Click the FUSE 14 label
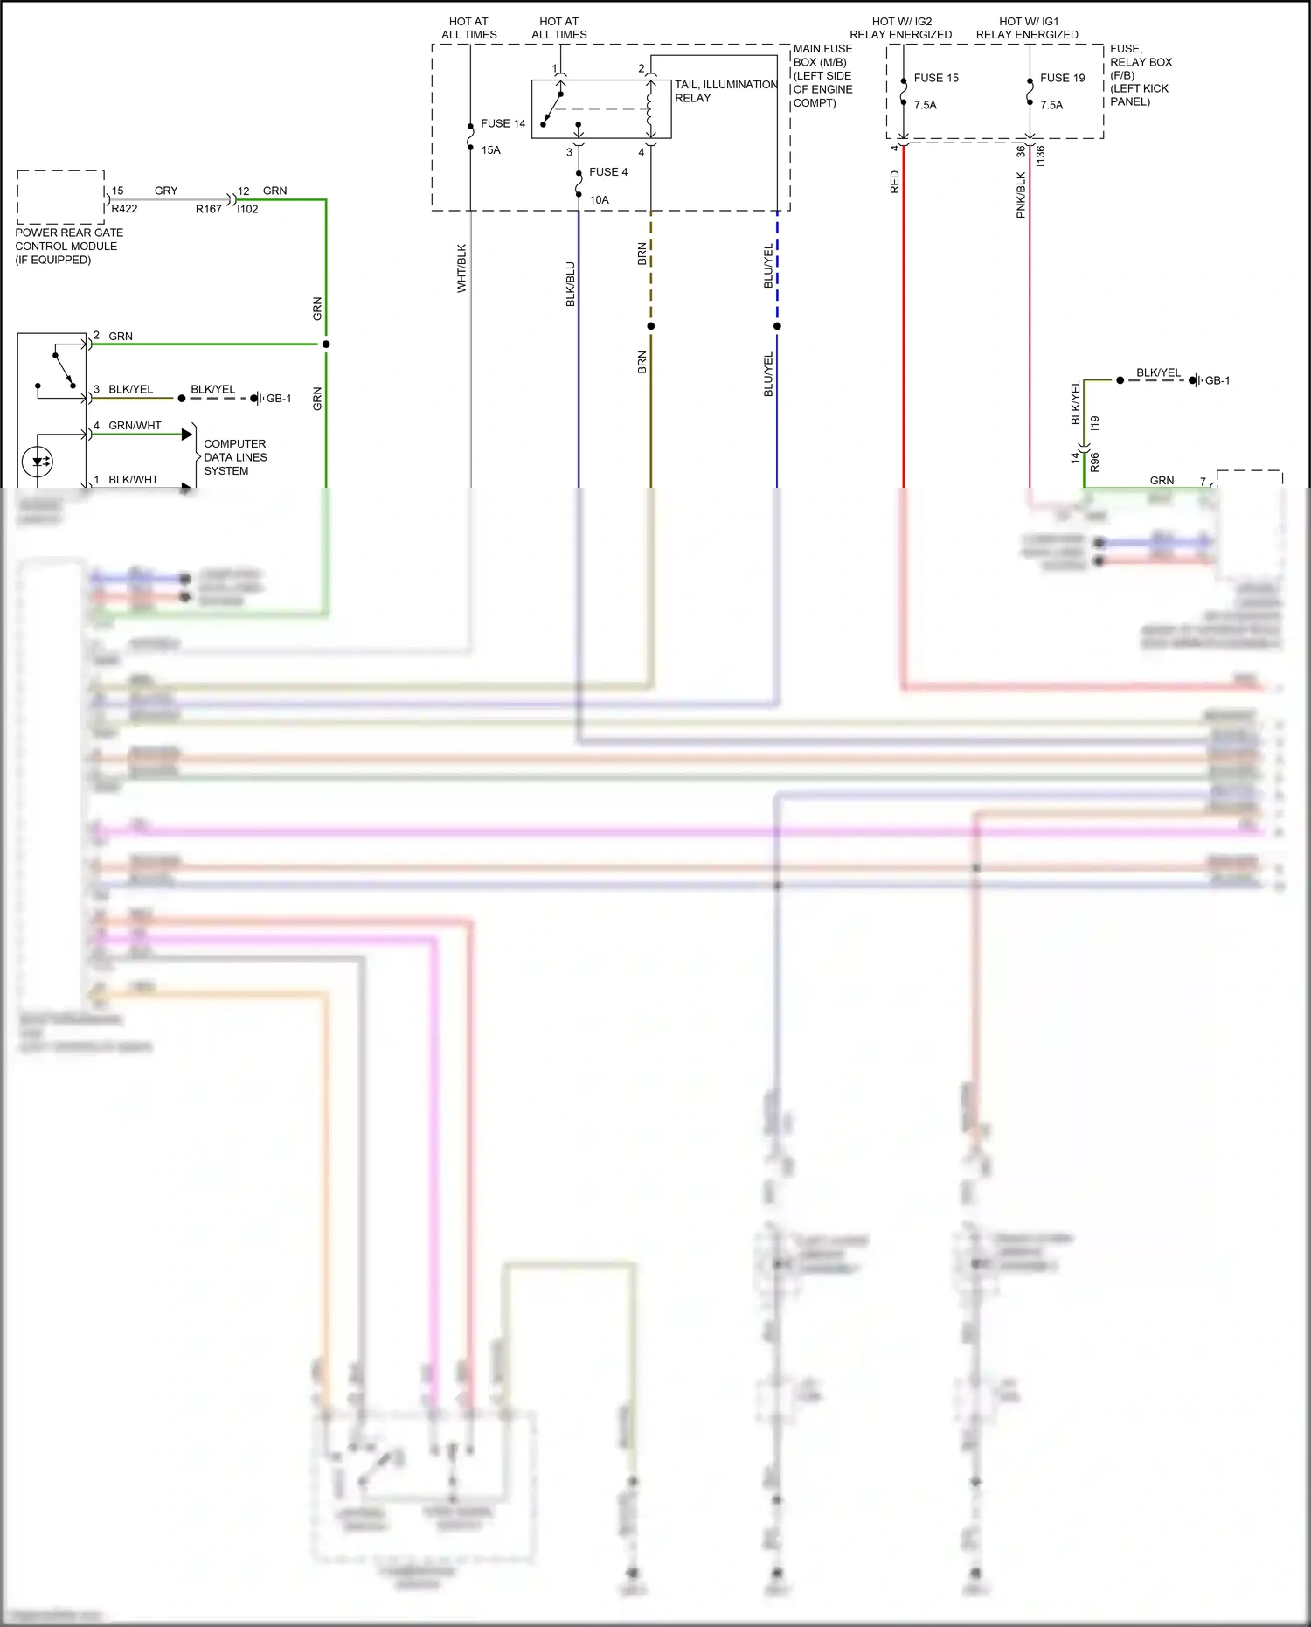[x=503, y=123]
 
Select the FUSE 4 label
[x=608, y=172]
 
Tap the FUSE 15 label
[x=936, y=78]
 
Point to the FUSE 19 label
[x=1062, y=78]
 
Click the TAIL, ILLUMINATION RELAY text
[x=725, y=91]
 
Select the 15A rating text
[x=491, y=150]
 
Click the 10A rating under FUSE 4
[x=599, y=200]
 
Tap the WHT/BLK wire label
[x=461, y=268]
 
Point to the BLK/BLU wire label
[x=570, y=283]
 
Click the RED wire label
[x=894, y=182]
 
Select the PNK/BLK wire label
[x=1020, y=195]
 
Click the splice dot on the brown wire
[x=651, y=326]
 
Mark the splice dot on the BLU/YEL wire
[x=777, y=326]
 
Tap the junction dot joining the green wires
[x=326, y=344]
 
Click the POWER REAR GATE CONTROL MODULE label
[x=68, y=246]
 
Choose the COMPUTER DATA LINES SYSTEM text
[x=234, y=457]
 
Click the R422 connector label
[x=124, y=209]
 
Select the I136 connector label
[x=1040, y=156]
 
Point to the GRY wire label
[x=166, y=191]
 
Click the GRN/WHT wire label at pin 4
[x=135, y=426]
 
